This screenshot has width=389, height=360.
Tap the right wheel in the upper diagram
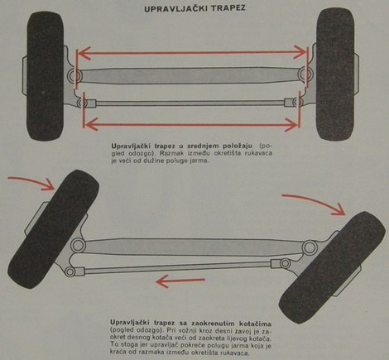coord(334,78)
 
